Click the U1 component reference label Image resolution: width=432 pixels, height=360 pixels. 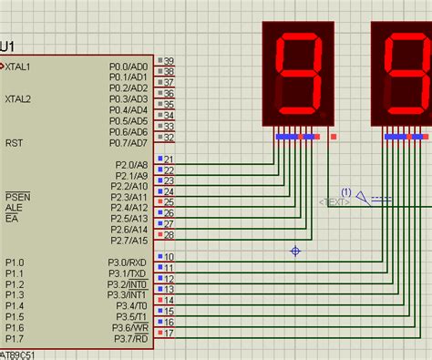pos(7,46)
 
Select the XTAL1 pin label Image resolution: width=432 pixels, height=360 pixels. pos(17,67)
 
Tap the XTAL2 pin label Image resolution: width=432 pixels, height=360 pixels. pos(17,98)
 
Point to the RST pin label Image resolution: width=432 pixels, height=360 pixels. pos(14,143)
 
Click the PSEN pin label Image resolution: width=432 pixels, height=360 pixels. pos(16,197)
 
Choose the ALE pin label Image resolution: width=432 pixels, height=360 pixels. pos(13,208)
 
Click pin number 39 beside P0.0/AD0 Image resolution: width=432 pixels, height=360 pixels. pos(169,61)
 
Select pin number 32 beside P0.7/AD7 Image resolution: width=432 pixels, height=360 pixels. pos(169,138)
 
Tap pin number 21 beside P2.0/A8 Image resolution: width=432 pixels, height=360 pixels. pos(169,159)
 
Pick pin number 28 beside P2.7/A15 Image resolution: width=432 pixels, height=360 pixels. pos(169,235)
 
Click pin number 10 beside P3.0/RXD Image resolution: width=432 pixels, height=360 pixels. pos(169,258)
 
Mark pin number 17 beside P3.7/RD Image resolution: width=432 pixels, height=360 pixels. pos(169,334)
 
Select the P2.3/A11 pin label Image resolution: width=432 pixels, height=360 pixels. pos(129,197)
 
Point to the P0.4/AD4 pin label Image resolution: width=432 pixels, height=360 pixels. pos(127,110)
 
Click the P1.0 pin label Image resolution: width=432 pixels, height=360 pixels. pos(15,262)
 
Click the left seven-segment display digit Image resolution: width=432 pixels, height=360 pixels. pos(299,76)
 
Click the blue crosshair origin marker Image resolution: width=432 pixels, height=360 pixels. pos(295,251)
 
